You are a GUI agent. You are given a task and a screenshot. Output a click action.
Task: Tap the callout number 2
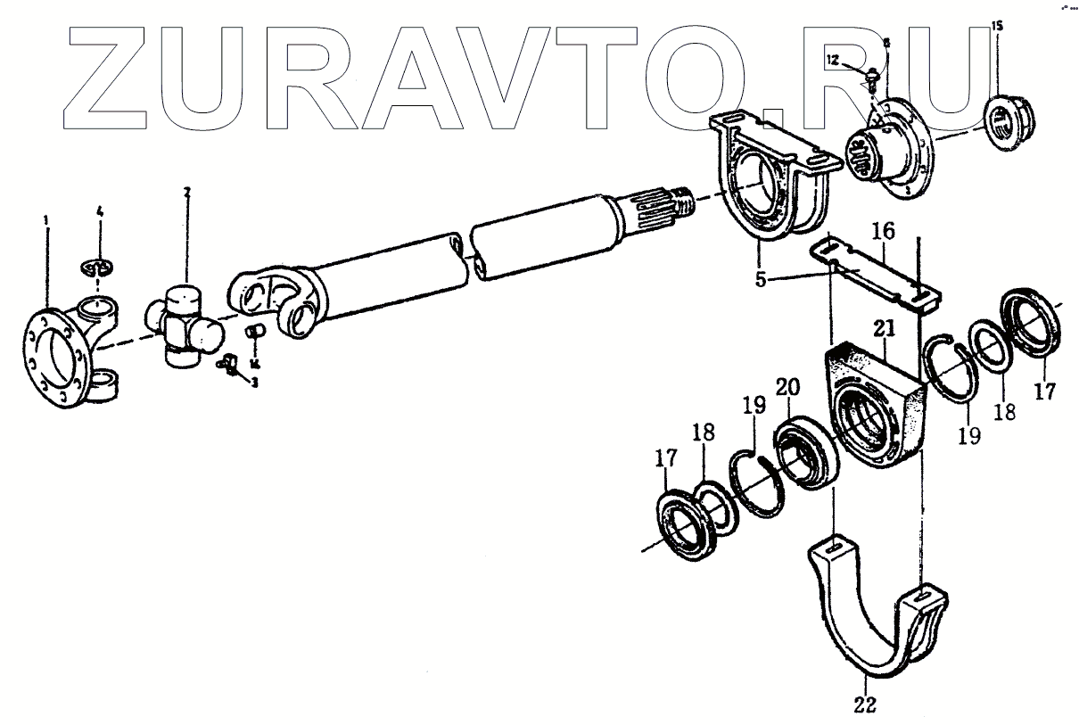coord(186,192)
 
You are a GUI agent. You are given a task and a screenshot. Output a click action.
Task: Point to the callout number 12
coord(831,60)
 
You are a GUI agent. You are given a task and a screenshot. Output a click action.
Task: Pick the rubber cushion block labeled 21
coord(874,406)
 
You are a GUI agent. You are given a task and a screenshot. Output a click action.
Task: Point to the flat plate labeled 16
coord(874,272)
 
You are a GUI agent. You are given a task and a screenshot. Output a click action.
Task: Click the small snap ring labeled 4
coord(101,265)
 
